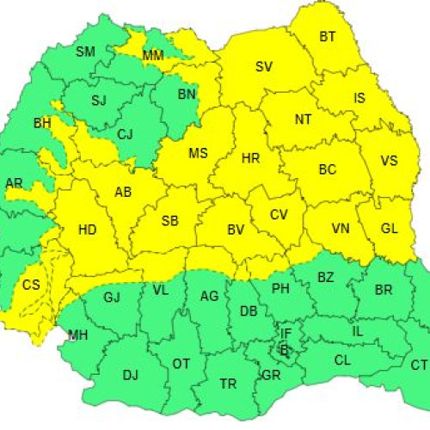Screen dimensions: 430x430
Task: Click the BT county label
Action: [328, 37]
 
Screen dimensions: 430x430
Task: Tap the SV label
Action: [264, 67]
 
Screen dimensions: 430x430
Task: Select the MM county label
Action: [153, 56]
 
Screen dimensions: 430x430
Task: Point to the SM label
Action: [85, 52]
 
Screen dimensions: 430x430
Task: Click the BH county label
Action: [42, 124]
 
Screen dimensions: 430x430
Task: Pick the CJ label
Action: [126, 133]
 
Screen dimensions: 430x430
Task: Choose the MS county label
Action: [198, 154]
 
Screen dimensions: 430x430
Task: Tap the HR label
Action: [251, 159]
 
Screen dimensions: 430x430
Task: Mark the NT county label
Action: [303, 120]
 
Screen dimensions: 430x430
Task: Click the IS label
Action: [360, 98]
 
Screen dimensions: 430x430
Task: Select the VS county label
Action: [389, 161]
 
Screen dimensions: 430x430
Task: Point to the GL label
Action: [389, 228]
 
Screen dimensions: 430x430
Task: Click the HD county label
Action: [87, 230]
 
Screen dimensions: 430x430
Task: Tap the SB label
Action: [170, 221]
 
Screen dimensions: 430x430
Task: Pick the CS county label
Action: [31, 285]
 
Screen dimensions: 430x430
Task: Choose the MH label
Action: [77, 334]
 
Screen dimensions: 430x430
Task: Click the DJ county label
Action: [130, 374]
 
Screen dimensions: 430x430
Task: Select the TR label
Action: [228, 384]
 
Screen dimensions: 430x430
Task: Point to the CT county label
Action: [419, 365]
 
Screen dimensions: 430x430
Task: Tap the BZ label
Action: [326, 277]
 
